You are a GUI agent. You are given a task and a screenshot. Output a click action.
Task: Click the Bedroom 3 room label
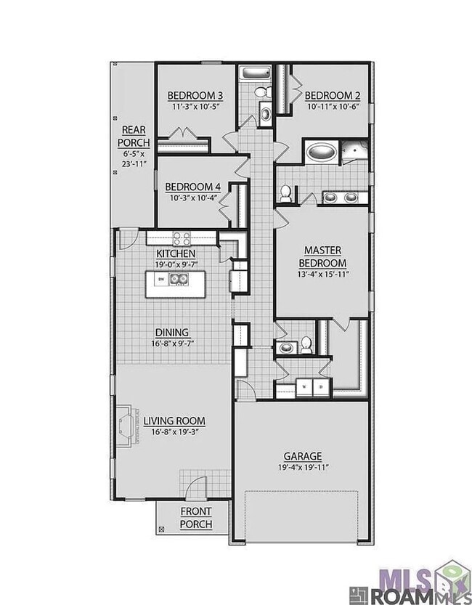tap(195, 95)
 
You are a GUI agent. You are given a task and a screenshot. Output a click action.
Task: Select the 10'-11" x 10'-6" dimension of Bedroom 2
tap(333, 106)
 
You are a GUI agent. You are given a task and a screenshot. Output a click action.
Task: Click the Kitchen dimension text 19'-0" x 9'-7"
tap(176, 264)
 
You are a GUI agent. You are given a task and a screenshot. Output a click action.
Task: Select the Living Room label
tap(174, 421)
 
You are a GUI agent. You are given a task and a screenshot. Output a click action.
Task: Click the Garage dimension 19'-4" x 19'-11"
tap(302, 467)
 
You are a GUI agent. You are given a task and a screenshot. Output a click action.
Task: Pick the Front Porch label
tap(195, 518)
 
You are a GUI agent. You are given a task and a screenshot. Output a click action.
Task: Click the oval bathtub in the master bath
tap(320, 153)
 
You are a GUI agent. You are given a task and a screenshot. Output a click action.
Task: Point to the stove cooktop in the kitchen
tap(182, 237)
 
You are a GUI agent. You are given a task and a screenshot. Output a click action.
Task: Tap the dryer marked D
tap(321, 388)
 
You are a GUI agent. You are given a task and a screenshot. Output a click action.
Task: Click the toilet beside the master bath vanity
tap(287, 193)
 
